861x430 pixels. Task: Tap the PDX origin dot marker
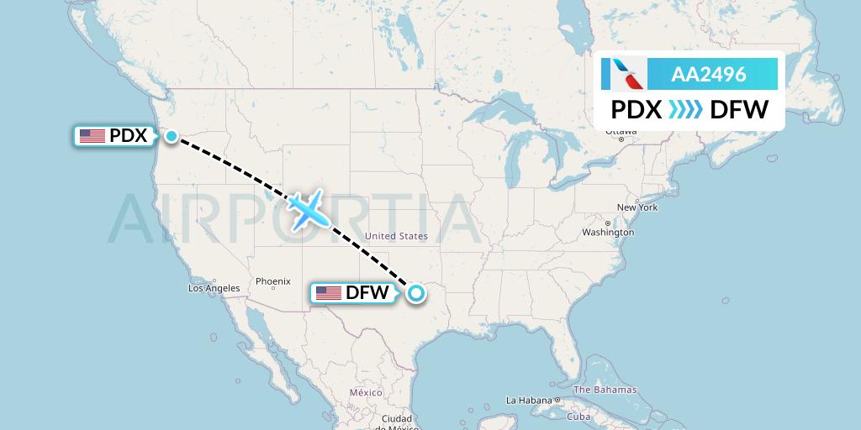(172, 135)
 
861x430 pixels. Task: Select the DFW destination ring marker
(415, 293)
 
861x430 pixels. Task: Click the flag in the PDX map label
(92, 135)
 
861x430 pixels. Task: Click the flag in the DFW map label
(328, 293)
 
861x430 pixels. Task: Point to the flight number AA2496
(708, 74)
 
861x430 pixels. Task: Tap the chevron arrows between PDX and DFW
(685, 109)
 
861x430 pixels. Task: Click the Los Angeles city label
(214, 288)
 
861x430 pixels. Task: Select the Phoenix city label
(273, 281)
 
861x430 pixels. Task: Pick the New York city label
(637, 207)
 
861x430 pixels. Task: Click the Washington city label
(607, 232)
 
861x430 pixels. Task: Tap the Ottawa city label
(621, 132)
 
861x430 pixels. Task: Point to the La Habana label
(528, 400)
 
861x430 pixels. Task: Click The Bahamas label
(605, 391)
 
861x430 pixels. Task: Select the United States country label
(396, 237)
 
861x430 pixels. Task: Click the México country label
(366, 392)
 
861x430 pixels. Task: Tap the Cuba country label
(578, 417)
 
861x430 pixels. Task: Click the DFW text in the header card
(739, 109)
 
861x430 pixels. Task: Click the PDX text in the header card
(636, 109)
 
